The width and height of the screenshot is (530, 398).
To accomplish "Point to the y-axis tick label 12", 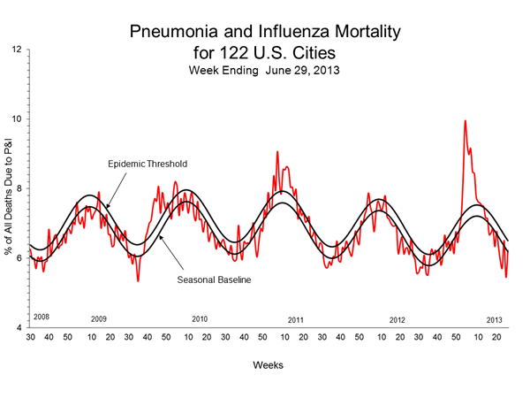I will (17, 50).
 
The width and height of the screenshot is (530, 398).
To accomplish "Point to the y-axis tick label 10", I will (17, 119).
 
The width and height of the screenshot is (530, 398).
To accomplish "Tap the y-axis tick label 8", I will (19, 188).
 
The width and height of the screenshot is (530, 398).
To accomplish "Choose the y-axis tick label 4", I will (19, 327).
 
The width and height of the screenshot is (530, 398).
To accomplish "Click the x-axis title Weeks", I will (264, 364).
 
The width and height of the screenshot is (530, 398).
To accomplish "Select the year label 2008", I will (41, 316).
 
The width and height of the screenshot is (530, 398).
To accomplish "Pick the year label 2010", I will (200, 318).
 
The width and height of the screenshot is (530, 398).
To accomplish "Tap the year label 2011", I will (296, 318).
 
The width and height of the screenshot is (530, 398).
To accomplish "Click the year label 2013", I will (496, 318).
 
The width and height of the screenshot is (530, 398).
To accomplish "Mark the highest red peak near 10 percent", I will (465, 121).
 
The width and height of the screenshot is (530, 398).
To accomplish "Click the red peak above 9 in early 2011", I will (277, 152).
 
